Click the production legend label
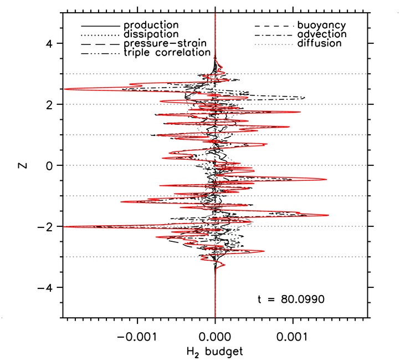pyautogui.click(x=151, y=26)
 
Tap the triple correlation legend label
pyautogui.click(x=167, y=53)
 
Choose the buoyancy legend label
pyautogui.click(x=322, y=26)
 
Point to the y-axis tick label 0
pyautogui.click(x=49, y=165)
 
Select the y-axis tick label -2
pyautogui.click(x=45, y=226)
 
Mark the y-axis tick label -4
pyautogui.click(x=45, y=287)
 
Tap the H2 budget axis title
pyautogui.click(x=215, y=351)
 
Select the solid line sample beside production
pyautogui.click(x=100, y=26)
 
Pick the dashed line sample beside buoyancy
pyautogui.click(x=273, y=26)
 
